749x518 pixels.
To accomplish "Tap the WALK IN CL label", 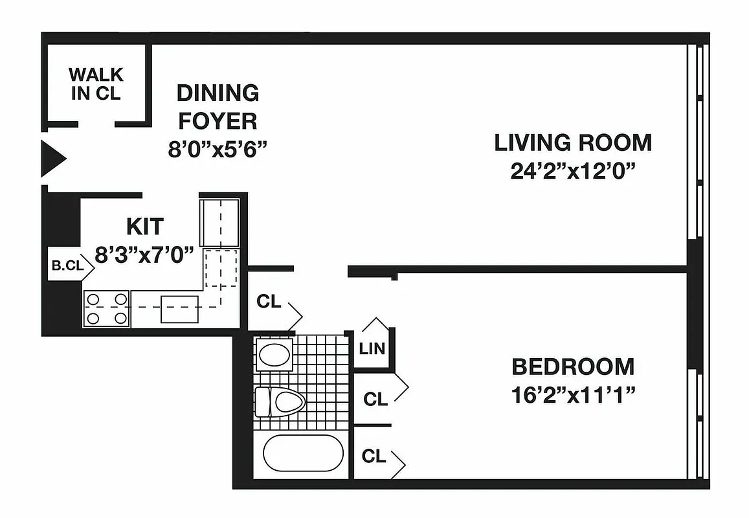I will (x=96, y=84).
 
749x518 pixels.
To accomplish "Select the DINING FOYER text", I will (x=218, y=107).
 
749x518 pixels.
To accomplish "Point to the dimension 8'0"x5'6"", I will (x=218, y=149).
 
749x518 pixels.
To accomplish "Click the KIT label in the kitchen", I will (x=145, y=227).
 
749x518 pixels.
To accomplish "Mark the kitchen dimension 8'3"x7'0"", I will (x=145, y=254).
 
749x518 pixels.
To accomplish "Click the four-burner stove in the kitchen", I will (x=107, y=309).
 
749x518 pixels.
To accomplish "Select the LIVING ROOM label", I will (x=573, y=142).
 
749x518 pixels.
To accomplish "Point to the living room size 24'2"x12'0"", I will (x=573, y=172).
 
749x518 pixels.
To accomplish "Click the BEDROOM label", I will (x=573, y=366).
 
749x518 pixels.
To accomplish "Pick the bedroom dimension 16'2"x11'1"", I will (x=573, y=395).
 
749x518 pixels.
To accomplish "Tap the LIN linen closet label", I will (x=372, y=349).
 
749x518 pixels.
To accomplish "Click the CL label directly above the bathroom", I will (x=269, y=302).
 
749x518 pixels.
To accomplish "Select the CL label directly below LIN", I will (x=375, y=400).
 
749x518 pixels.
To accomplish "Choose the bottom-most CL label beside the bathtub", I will (x=374, y=456).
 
